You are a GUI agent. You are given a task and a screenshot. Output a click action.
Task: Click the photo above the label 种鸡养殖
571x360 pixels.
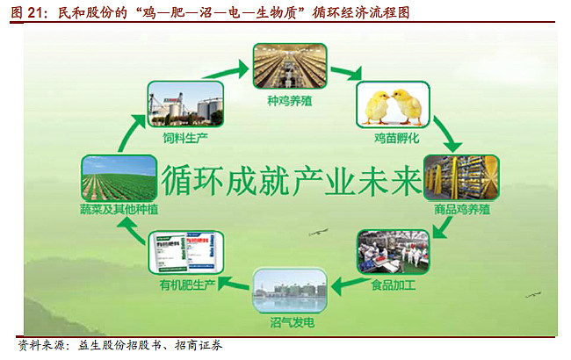pos(289,65)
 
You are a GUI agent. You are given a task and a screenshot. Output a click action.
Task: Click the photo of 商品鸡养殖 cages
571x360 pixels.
pos(461,179)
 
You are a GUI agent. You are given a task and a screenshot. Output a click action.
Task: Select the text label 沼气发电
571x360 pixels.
pos(289,323)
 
